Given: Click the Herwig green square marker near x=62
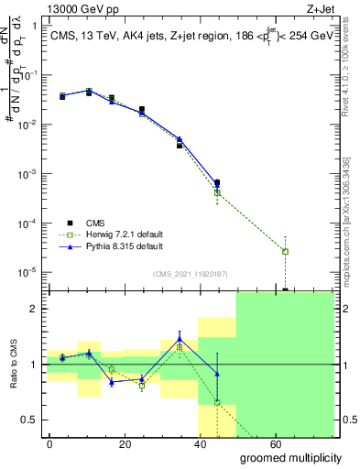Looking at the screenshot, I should point(286,251).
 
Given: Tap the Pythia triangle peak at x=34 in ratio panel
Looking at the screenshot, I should point(180,339).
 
